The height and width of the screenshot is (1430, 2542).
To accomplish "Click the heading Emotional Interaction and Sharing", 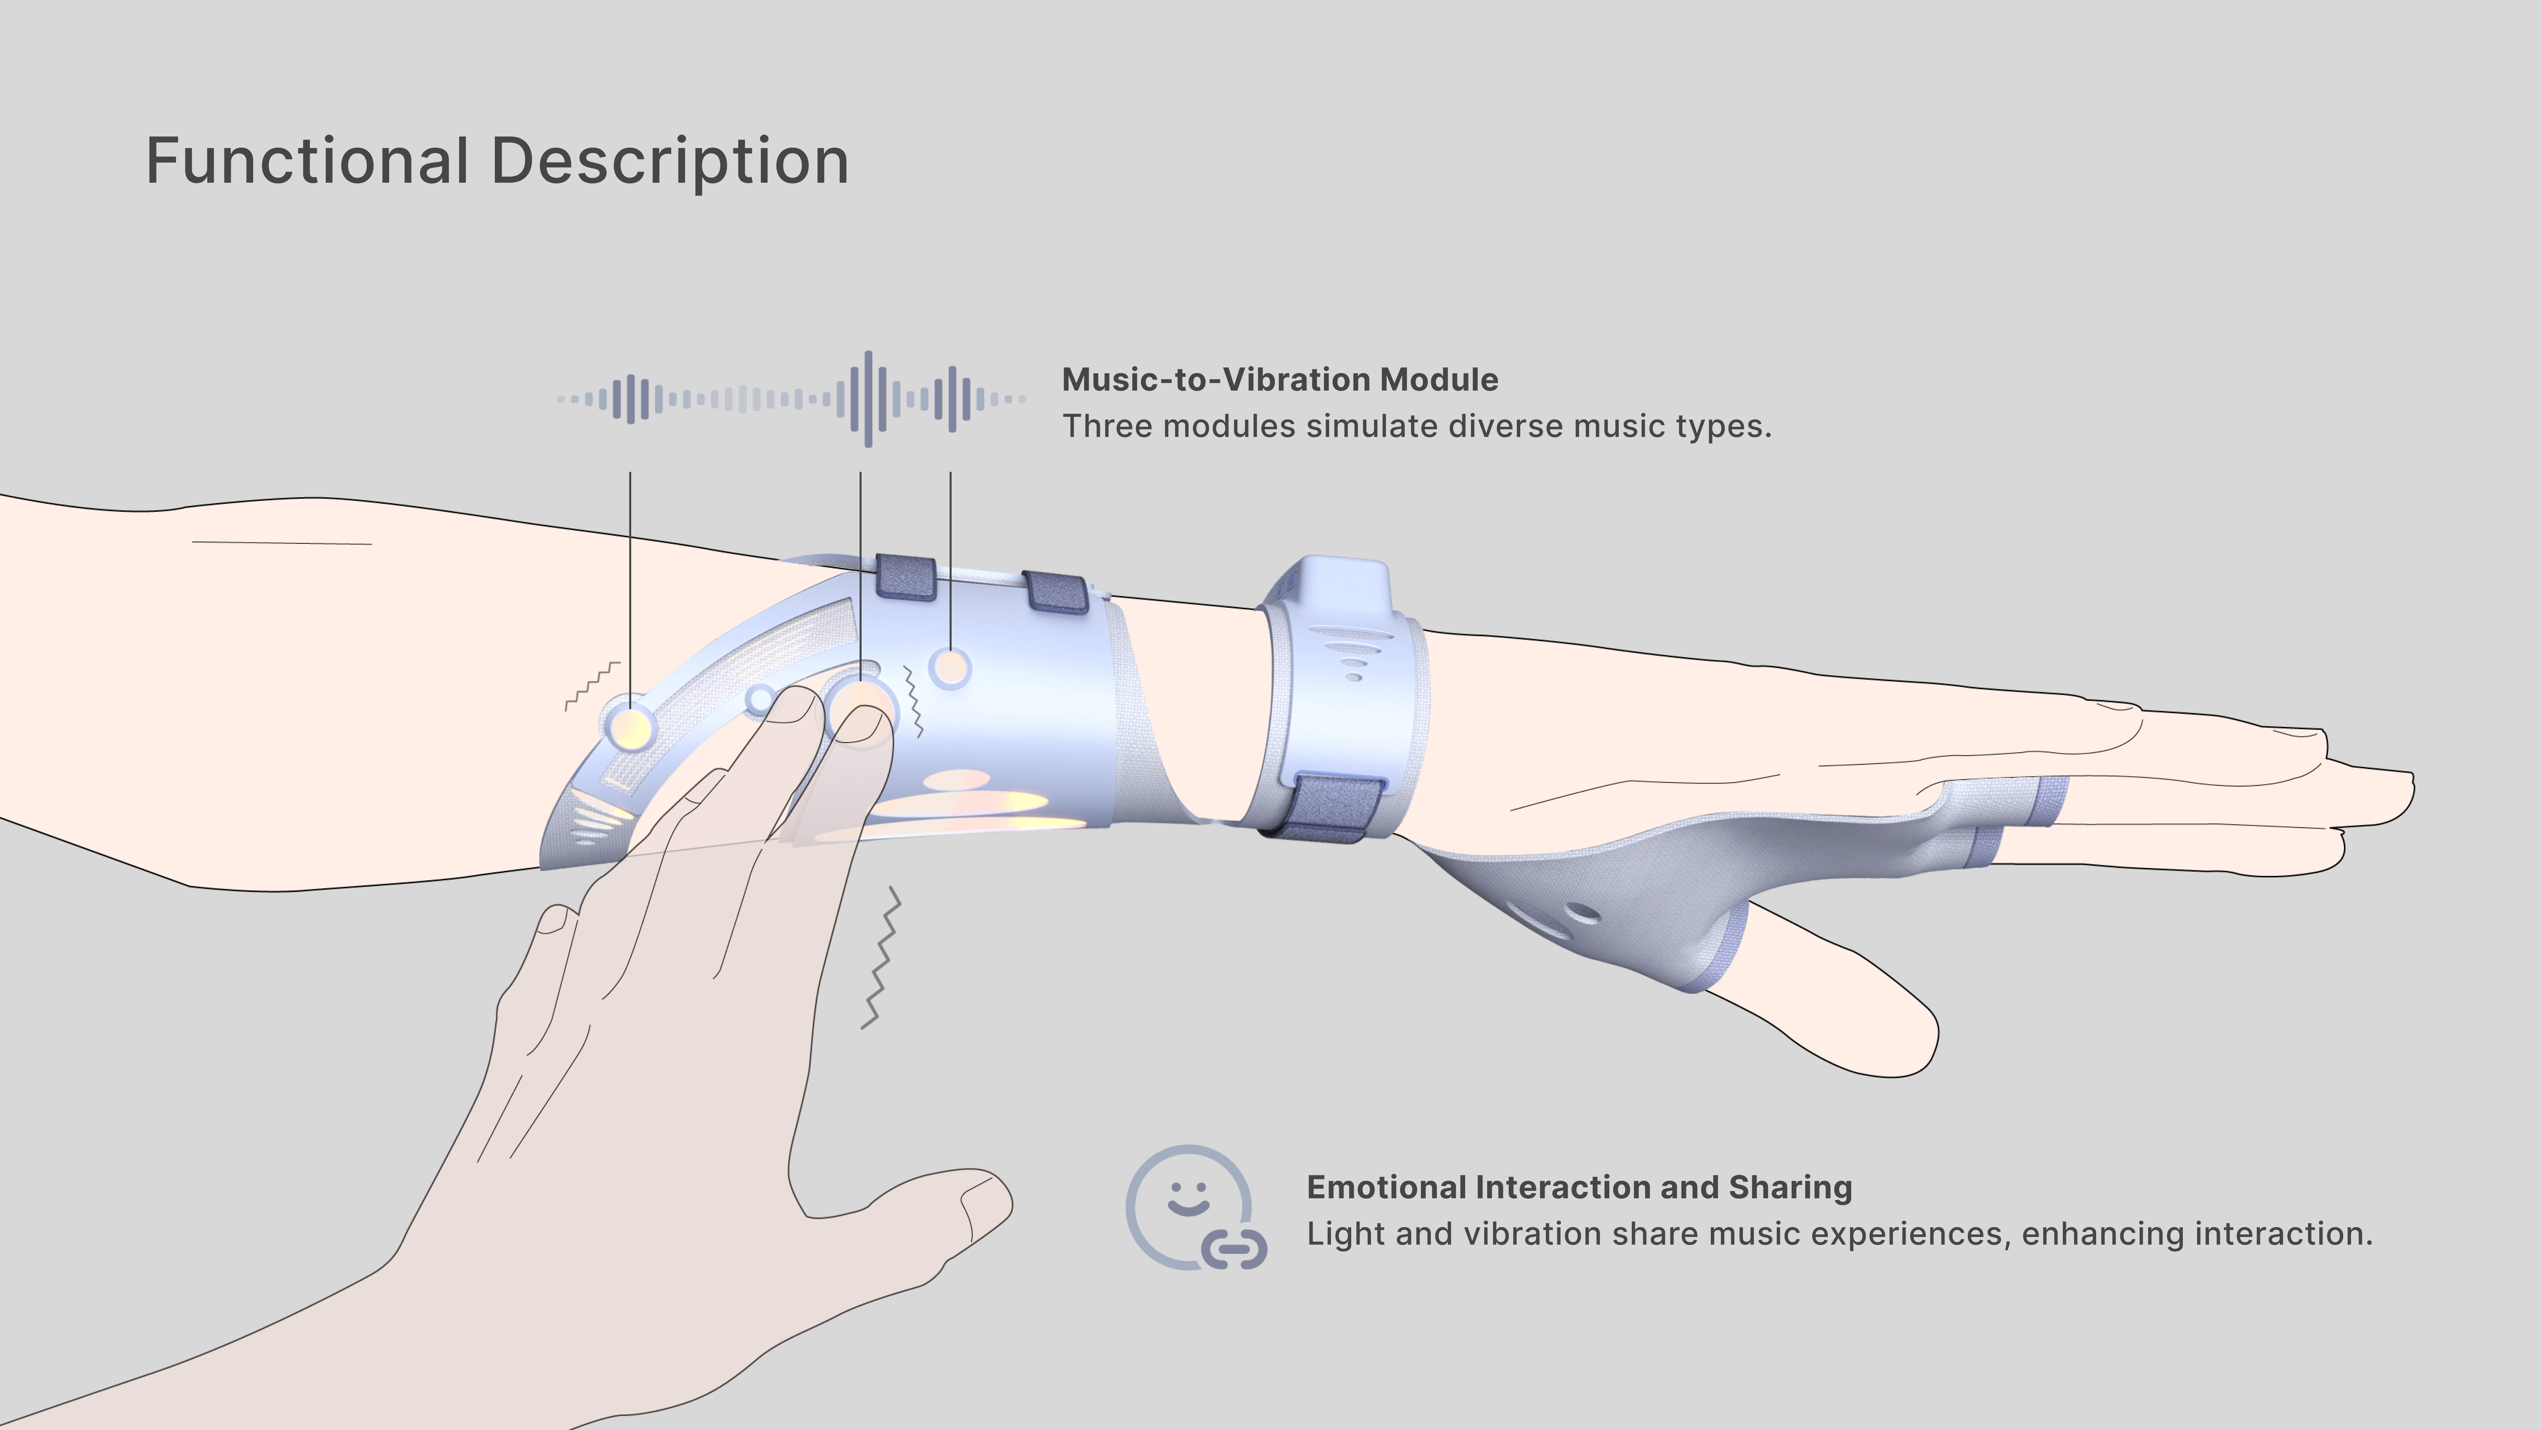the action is (1579, 1187).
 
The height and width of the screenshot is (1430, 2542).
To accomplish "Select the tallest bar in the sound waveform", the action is (869, 399).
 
